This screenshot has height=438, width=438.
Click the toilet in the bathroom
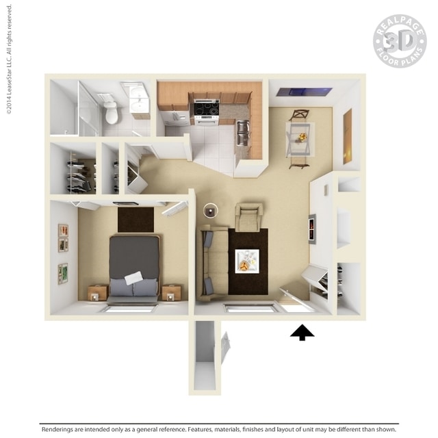[x=111, y=112]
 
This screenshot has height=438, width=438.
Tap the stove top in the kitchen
[x=207, y=108]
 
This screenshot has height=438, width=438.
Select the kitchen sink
[x=243, y=132]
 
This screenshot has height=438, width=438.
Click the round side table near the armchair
[x=211, y=211]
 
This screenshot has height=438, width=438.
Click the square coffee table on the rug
[x=247, y=261]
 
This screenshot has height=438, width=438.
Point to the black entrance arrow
[x=302, y=333]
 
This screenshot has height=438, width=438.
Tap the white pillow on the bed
[x=133, y=278]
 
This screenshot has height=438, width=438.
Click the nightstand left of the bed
[x=98, y=293]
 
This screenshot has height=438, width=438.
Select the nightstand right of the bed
[x=172, y=292]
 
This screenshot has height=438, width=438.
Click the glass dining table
[x=300, y=140]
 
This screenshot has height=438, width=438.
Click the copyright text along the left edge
[x=9, y=60]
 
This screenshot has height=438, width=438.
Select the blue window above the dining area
[x=305, y=92]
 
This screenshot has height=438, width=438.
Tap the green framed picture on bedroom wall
[x=63, y=274]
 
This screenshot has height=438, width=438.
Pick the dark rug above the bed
[x=136, y=220]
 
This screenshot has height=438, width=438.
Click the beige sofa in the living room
[x=213, y=263]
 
